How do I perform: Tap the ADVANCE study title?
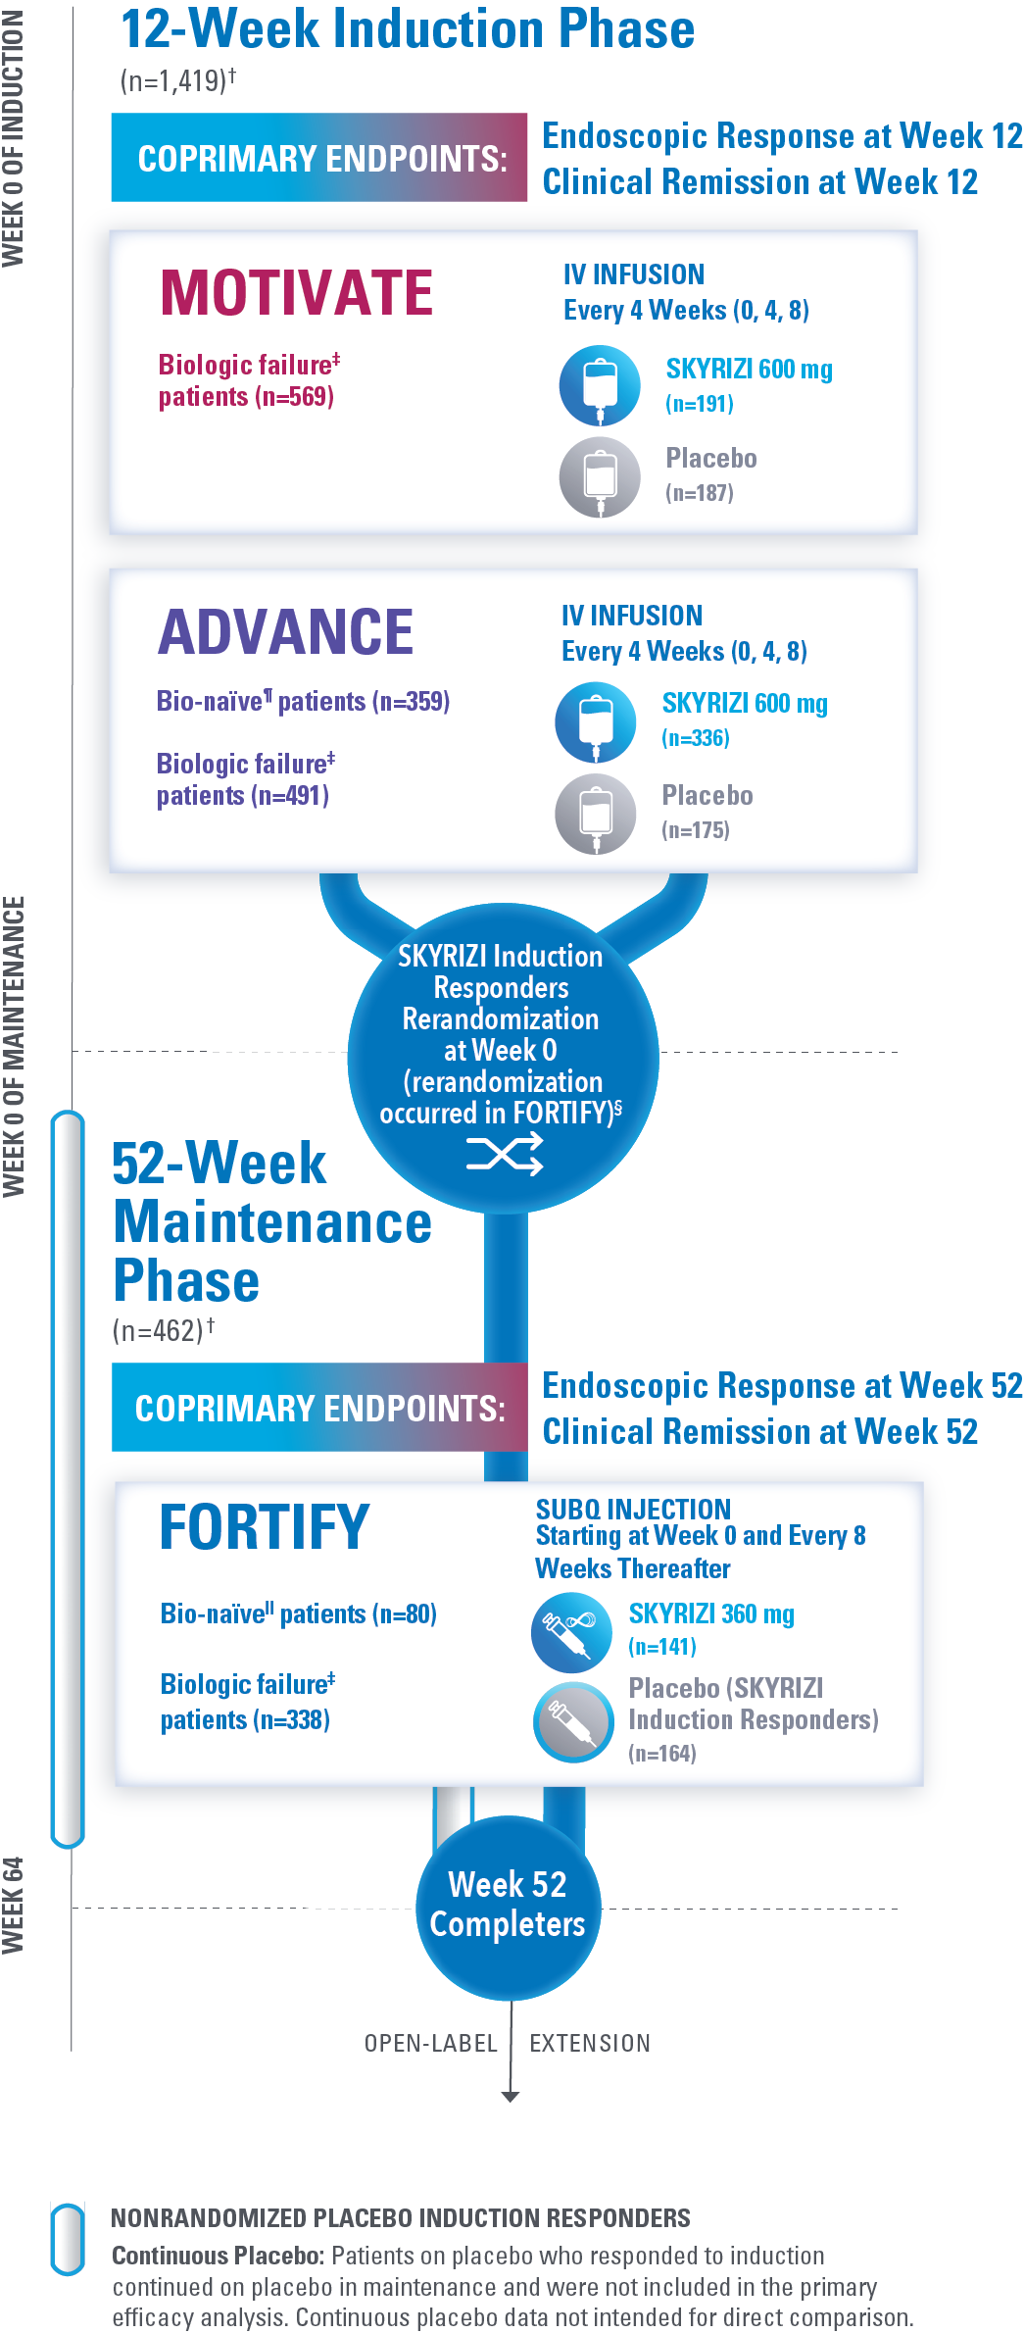(285, 631)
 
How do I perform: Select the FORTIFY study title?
(264, 1526)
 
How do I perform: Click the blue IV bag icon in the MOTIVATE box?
(600, 385)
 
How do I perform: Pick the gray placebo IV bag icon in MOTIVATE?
(600, 477)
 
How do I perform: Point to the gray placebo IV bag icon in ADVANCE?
(596, 815)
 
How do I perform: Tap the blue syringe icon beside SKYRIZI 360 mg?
(571, 1632)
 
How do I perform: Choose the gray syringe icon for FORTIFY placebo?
(573, 1722)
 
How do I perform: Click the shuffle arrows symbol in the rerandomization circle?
(505, 1154)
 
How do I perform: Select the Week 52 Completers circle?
(508, 1906)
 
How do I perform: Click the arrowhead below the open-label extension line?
(510, 2097)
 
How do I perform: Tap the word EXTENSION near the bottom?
(590, 2044)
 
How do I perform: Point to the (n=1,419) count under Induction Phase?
(177, 80)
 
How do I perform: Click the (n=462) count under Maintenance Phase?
(163, 1330)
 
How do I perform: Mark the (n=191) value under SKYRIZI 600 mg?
(700, 404)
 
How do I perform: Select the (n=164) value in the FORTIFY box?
(662, 1754)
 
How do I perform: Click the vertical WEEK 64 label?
(13, 1906)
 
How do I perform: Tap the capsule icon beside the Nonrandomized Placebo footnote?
(68, 2239)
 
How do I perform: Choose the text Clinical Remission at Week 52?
(760, 1432)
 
